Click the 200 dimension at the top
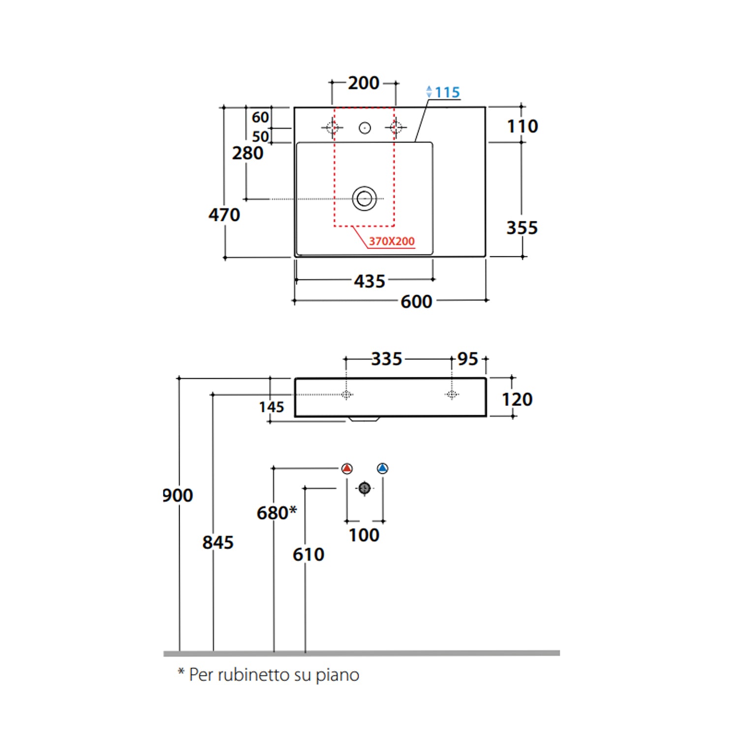[364, 83]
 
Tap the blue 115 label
[447, 92]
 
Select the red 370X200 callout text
[392, 241]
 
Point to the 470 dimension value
[224, 215]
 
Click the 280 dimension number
[247, 154]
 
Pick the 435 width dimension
[369, 281]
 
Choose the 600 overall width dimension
[416, 302]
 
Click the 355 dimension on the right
[522, 228]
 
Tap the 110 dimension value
[523, 126]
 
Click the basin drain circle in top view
[365, 199]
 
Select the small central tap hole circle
[365, 128]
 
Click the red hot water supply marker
[347, 468]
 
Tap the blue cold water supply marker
[383, 468]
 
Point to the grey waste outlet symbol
[365, 488]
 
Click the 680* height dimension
[277, 513]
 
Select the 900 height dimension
[178, 495]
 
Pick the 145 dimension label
[272, 407]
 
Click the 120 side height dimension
[517, 400]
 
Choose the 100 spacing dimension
[364, 535]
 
